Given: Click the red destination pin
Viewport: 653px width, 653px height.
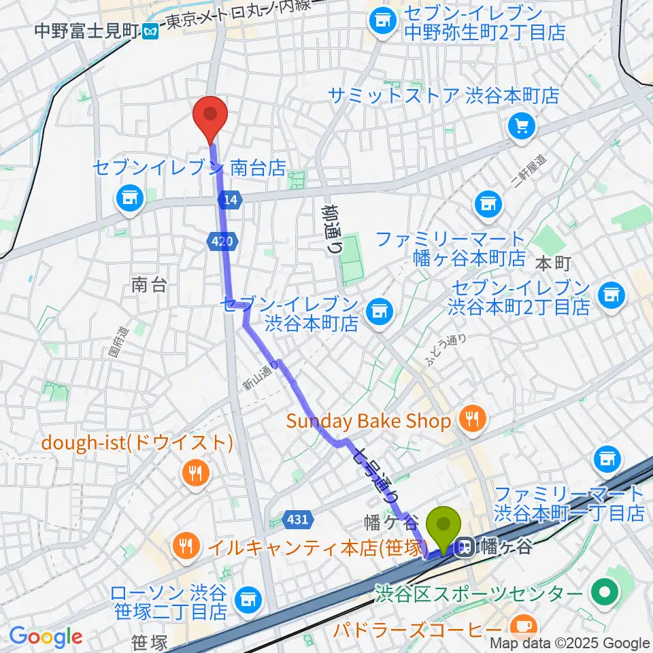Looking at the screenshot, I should (210, 117).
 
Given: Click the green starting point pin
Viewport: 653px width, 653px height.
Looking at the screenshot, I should (443, 527).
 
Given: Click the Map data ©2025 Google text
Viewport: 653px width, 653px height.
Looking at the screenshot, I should (570, 643).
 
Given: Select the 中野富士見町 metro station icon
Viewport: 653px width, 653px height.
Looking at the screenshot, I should (153, 31).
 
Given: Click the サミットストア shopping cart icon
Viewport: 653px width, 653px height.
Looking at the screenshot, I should (522, 125).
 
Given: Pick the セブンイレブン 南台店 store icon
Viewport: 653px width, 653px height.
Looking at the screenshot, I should (127, 198).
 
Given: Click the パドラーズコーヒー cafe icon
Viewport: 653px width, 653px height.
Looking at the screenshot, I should (524, 624).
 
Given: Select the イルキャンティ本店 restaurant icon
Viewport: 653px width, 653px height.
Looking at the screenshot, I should (184, 546).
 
